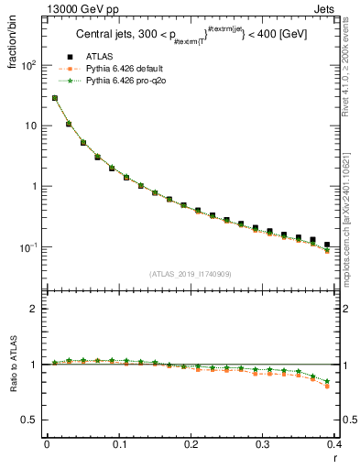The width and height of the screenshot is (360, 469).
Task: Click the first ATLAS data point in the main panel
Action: [x=55, y=98]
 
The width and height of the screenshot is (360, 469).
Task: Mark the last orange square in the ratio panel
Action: [x=327, y=386]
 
